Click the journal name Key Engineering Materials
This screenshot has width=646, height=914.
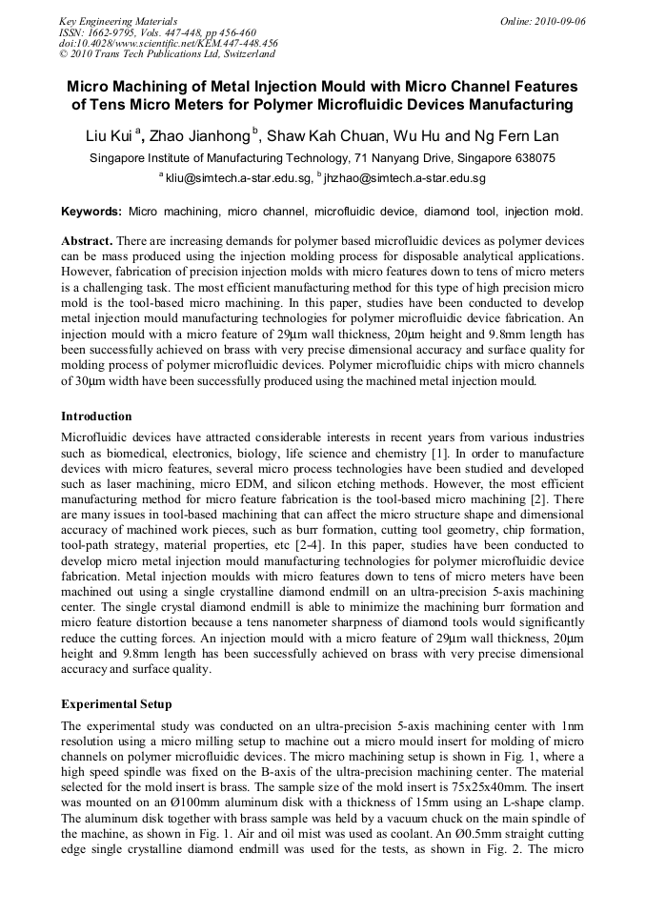118,20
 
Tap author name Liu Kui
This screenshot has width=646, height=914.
111,135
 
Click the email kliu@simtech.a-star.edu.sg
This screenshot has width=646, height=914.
238,178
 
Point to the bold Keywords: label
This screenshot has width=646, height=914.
91,211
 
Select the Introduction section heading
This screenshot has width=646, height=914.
96,416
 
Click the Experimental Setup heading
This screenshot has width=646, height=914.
116,704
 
